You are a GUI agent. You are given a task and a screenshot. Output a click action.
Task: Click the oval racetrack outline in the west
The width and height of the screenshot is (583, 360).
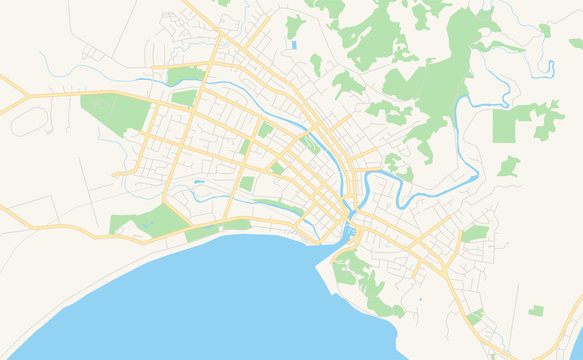point(29,121)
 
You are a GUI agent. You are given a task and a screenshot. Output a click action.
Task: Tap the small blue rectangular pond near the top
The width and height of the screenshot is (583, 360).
point(294,45)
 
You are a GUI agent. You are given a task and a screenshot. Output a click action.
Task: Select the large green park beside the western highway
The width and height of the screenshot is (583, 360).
point(112,115)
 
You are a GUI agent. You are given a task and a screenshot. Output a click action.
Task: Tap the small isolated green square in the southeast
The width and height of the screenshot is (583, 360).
point(536,311)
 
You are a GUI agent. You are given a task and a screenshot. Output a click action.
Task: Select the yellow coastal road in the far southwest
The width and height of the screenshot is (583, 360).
point(40,226)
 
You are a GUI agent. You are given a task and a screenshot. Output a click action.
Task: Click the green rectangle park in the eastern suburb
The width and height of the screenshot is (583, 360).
point(474,234)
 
